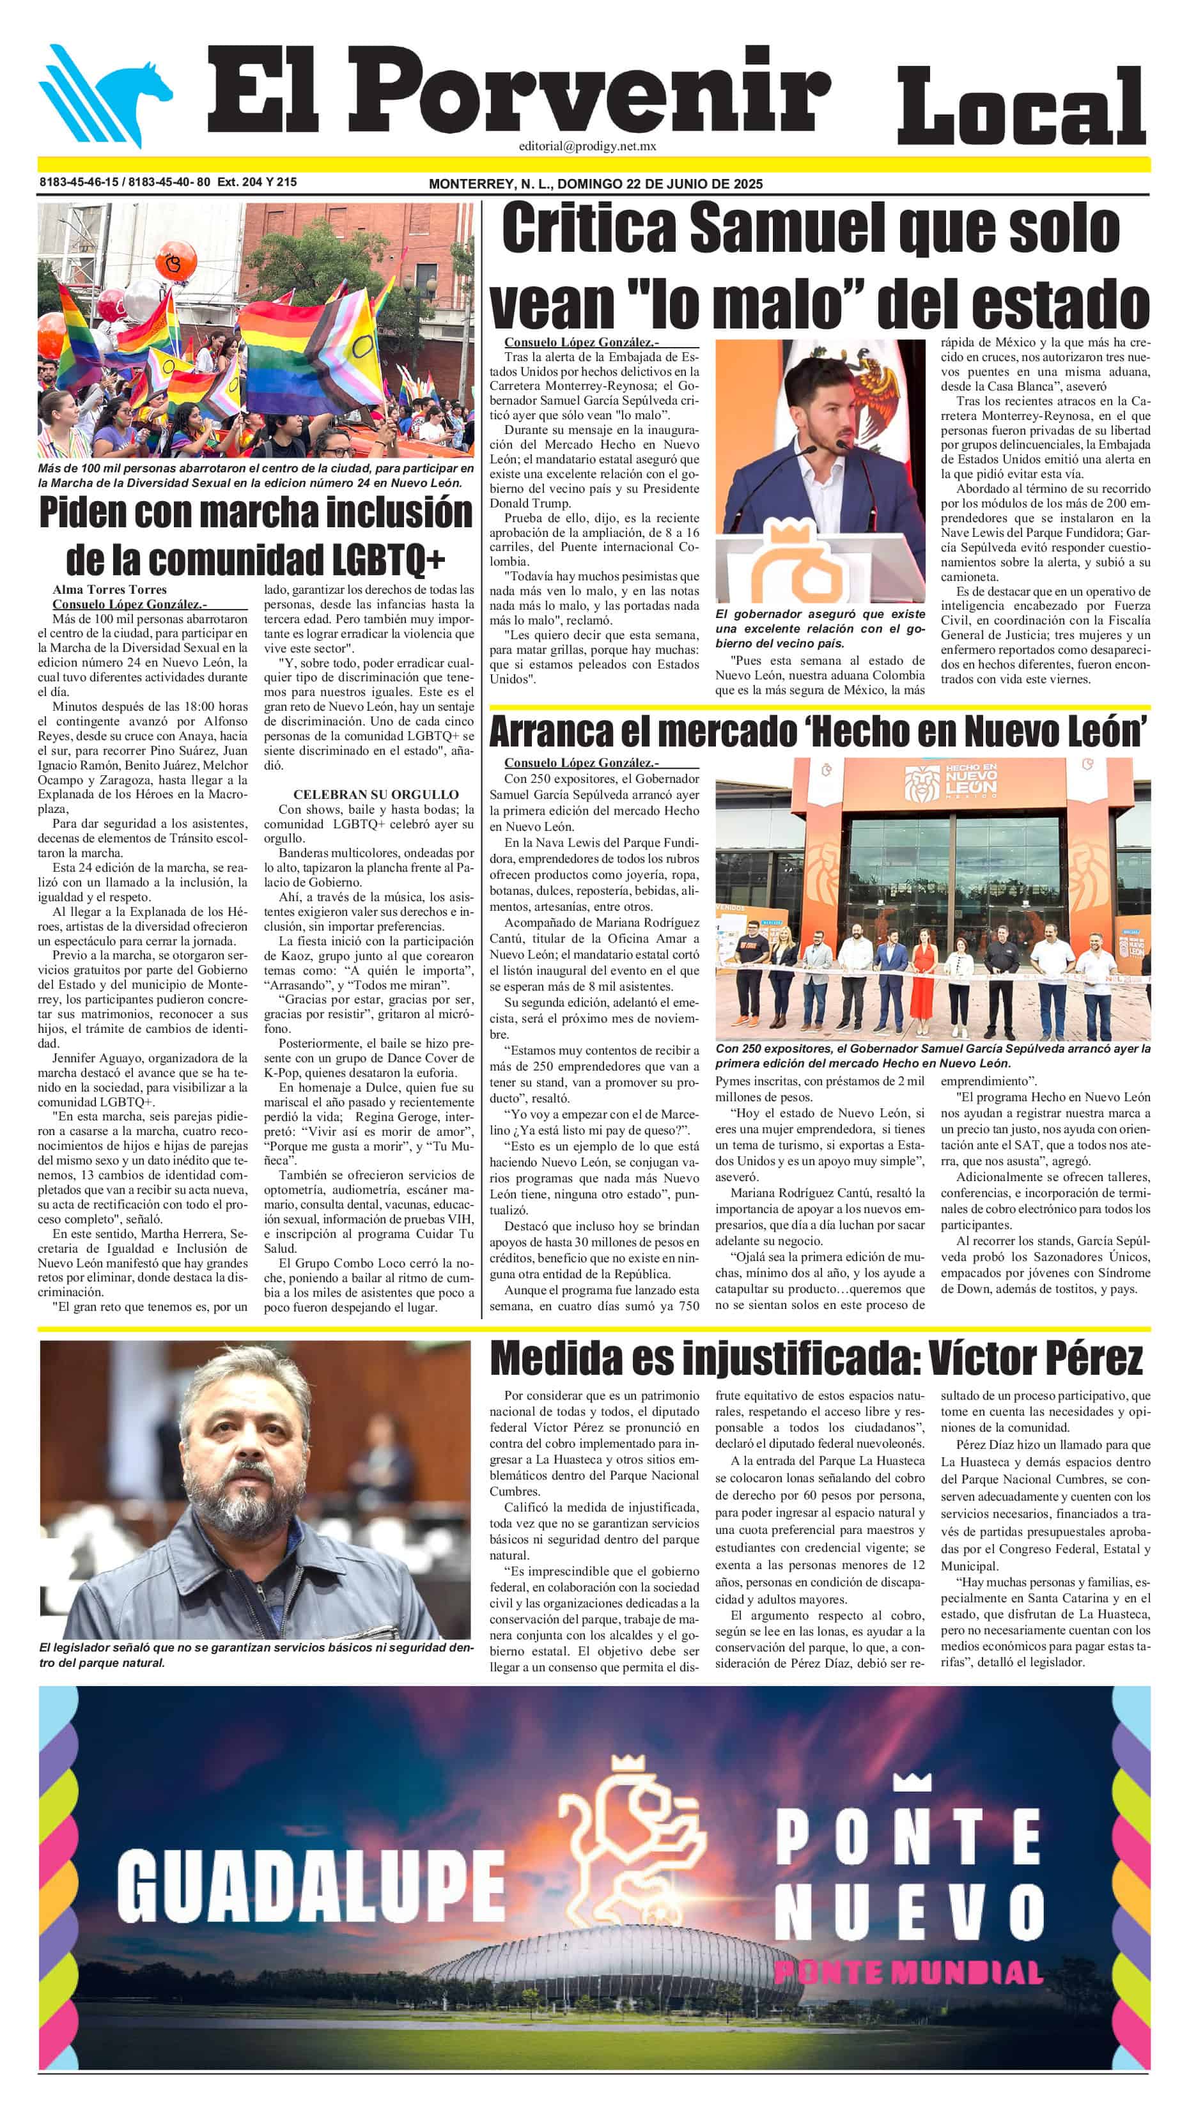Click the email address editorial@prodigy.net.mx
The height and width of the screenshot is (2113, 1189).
click(587, 146)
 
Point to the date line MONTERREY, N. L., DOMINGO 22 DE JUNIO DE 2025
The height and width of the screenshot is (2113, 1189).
click(595, 183)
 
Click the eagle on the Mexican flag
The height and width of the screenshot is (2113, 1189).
click(882, 377)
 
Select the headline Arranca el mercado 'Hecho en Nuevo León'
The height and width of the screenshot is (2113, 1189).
click(818, 732)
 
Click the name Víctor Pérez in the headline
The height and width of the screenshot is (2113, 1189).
click(1035, 1358)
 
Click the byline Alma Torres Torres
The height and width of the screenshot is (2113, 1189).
click(109, 589)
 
